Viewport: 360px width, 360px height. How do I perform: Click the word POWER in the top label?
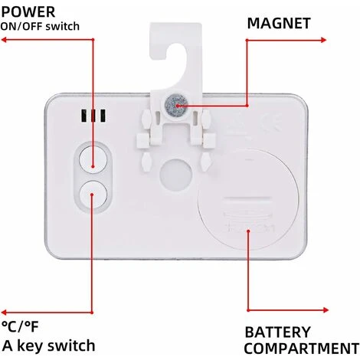pos(28,12)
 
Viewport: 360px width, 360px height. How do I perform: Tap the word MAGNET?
pos(279,23)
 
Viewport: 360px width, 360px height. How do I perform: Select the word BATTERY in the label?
pos(277,332)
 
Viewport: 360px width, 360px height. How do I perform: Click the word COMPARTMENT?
pos(302,348)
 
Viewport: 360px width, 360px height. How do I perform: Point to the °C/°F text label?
pos(20,326)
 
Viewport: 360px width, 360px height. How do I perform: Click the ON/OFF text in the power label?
pos(22,27)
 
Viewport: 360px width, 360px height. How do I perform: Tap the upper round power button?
pos(93,159)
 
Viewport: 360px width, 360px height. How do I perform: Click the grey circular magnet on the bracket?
pos(176,104)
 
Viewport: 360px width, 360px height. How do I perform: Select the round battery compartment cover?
pos(248,200)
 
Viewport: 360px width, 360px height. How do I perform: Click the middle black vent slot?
pos(93,116)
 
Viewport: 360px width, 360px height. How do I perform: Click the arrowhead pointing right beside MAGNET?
pos(323,40)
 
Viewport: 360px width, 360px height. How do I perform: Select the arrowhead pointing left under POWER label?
pos(4,40)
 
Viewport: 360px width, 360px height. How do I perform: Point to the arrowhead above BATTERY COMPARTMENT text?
pos(326,310)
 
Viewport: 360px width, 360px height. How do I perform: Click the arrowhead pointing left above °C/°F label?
pos(4,313)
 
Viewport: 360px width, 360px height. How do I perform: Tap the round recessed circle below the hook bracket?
pos(176,175)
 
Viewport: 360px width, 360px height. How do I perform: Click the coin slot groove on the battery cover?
pos(247,199)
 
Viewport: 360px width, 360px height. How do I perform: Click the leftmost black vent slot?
pos(83,116)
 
